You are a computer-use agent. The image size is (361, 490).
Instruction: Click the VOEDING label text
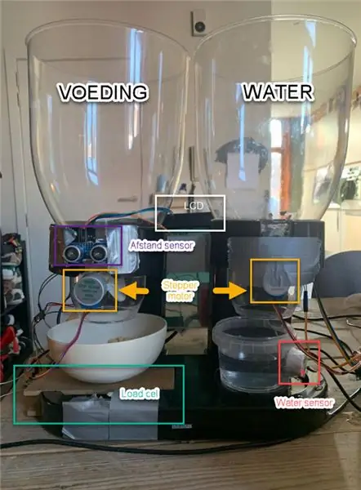(x=103, y=92)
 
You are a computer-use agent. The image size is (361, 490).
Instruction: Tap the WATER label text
(x=279, y=92)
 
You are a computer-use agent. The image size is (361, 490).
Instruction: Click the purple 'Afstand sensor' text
(x=162, y=246)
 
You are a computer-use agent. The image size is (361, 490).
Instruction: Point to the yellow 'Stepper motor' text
(x=180, y=291)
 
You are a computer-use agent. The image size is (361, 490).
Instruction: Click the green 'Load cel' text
(x=140, y=394)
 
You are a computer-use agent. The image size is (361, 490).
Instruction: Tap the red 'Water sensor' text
(x=304, y=403)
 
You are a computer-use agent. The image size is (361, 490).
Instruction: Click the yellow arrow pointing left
(x=134, y=291)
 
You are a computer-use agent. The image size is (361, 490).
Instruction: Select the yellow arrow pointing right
(x=230, y=291)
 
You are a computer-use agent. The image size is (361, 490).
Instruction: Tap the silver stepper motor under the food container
(x=91, y=290)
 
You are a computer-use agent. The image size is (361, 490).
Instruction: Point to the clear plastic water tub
(x=250, y=353)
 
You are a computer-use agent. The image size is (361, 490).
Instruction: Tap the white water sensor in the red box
(x=296, y=363)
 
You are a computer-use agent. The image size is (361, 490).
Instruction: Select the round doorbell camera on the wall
(x=199, y=26)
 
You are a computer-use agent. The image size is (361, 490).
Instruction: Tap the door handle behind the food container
(x=127, y=199)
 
